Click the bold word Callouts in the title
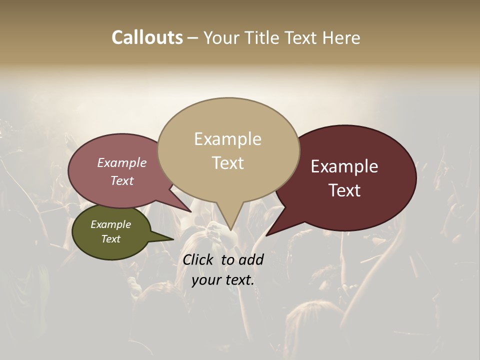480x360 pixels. pyautogui.click(x=147, y=38)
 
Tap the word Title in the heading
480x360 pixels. pyautogui.click(x=263, y=38)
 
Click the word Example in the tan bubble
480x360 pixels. pyautogui.click(x=227, y=139)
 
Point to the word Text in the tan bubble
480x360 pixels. pyautogui.click(x=227, y=163)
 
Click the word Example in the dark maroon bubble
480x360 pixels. pyautogui.click(x=344, y=166)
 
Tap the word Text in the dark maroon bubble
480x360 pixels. pyautogui.click(x=344, y=190)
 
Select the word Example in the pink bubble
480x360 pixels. pyautogui.click(x=122, y=163)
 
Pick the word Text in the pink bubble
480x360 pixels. pyautogui.click(x=122, y=181)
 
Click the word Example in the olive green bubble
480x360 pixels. pyautogui.click(x=110, y=224)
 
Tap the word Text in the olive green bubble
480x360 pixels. pyautogui.click(x=110, y=239)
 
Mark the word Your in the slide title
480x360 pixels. pyautogui.click(x=222, y=38)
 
